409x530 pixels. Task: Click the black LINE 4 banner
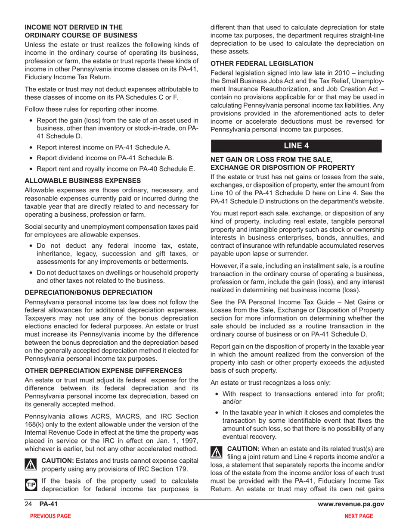tap(296, 146)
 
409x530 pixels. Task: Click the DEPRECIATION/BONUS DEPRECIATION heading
tap(88, 292)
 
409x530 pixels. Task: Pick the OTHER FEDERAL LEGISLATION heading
tap(262, 63)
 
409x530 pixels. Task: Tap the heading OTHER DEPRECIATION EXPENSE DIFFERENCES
tap(103, 371)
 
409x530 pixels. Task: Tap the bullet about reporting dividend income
tap(105, 158)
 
